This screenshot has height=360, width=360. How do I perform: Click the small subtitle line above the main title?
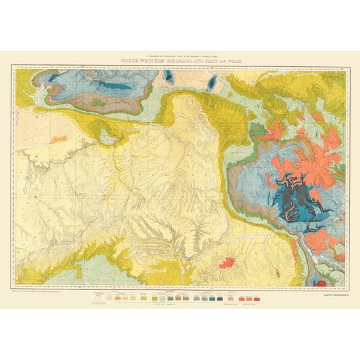(x=180, y=54)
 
